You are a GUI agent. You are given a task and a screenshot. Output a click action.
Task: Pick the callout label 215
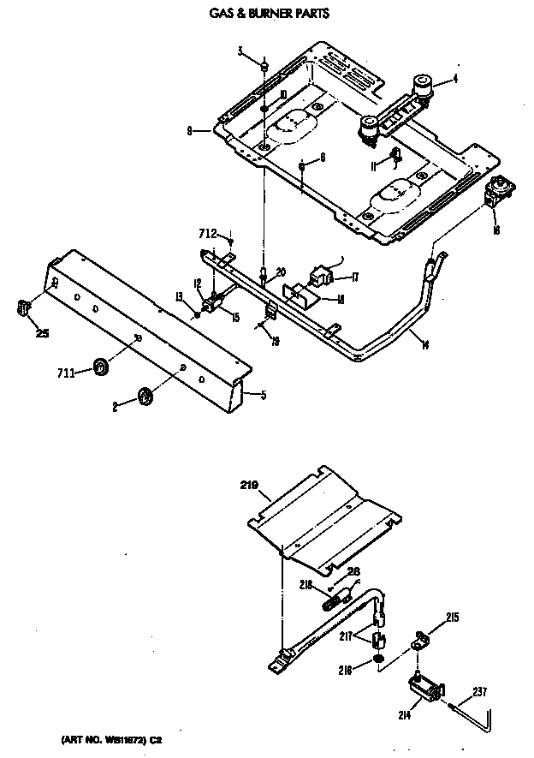453,617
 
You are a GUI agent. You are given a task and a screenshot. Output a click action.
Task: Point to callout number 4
455,79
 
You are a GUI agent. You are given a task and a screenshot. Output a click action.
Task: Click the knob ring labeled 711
101,367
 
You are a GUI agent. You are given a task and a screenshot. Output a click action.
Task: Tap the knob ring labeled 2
145,396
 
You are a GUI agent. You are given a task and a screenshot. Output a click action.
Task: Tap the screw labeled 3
265,66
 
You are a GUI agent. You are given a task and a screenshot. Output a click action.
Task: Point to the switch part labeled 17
323,278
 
